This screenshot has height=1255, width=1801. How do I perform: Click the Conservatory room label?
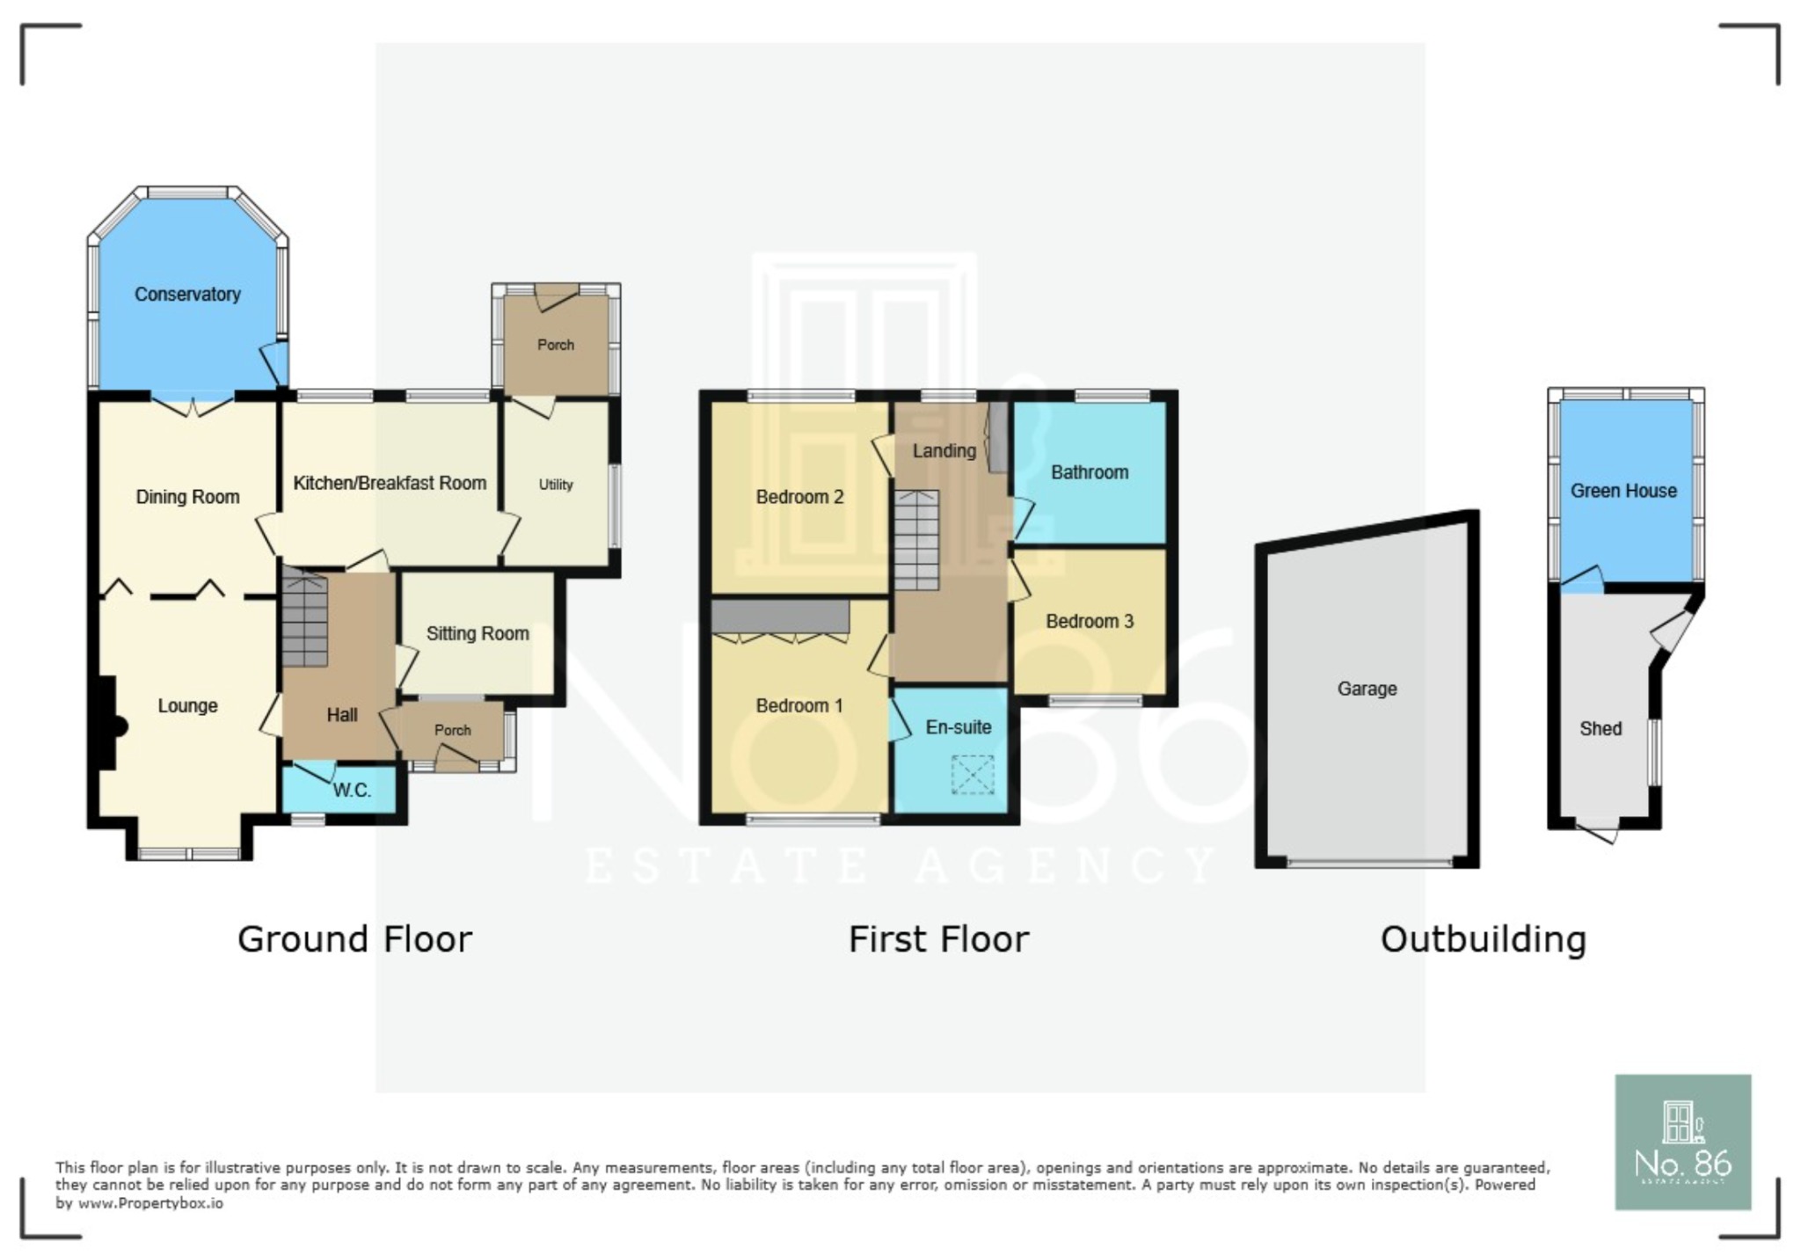pos(187,295)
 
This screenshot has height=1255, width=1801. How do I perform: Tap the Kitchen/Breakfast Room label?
pos(390,483)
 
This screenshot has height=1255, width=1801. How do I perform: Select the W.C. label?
pos(352,791)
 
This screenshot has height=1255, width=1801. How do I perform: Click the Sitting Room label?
pos(478,633)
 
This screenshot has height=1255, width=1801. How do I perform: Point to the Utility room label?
pos(556,485)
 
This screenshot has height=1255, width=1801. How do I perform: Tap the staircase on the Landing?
pos(917,540)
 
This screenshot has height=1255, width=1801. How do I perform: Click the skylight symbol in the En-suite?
pos(973,775)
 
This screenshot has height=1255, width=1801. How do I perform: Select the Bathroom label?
pos(1090,472)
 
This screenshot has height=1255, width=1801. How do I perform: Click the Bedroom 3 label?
pos(1090,622)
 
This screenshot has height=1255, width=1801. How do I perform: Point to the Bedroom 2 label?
pos(799,497)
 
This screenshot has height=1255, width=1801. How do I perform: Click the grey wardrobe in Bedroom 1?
pos(780,617)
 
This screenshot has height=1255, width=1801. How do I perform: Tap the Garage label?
pos(1367,689)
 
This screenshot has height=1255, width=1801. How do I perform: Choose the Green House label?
pos(1624,491)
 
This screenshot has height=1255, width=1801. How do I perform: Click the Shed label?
pos(1600,728)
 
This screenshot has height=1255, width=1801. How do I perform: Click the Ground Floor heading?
pos(355,939)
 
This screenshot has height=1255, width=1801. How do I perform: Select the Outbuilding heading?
pos(1484,939)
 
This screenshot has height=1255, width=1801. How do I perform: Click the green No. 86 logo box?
pos(1683,1142)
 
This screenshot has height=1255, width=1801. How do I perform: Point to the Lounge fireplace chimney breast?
pos(109,723)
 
